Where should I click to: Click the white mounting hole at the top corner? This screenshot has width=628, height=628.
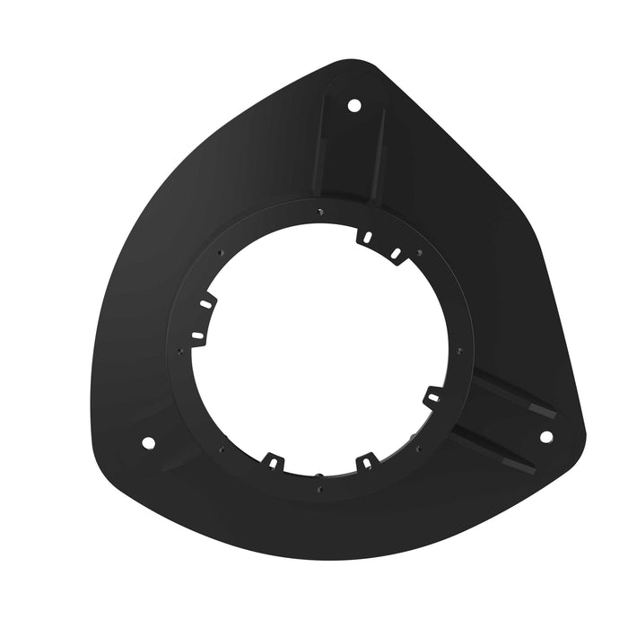pos(353,106)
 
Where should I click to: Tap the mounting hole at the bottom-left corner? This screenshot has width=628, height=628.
pos(148,443)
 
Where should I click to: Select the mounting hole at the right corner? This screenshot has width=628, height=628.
pos(545,437)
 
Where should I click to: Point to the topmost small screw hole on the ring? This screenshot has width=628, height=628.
pos(320,212)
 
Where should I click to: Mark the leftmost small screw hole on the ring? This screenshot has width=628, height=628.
pos(180,351)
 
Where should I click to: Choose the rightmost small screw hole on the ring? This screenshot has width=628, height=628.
pos(460,350)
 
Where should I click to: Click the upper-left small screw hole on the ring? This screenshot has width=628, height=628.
pos(220,254)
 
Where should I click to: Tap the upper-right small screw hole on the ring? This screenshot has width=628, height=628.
pos(418,252)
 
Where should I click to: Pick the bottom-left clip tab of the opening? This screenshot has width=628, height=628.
pos(271,462)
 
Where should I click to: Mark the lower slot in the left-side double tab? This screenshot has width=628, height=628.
pos(198,335)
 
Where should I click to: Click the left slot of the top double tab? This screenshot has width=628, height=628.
pos(366,237)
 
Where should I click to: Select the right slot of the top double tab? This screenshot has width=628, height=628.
pos(395,254)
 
